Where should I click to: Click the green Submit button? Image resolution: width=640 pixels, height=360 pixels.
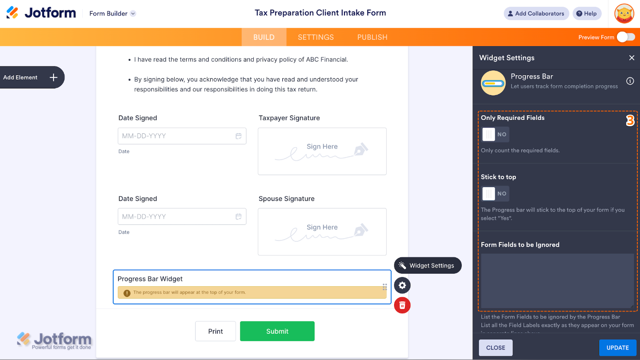[x=277, y=331]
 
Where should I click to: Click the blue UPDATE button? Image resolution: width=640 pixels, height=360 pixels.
[x=617, y=348]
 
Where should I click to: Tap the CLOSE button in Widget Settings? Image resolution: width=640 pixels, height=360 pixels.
[x=496, y=348]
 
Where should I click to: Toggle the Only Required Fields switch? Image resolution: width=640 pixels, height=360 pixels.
[x=495, y=134]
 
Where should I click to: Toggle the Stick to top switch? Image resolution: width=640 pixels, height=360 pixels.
[x=495, y=193]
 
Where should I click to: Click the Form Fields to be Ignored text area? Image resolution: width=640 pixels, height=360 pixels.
[x=557, y=280]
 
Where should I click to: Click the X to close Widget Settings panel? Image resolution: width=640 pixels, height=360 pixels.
[x=632, y=58]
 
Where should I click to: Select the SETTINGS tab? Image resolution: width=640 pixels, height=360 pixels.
[x=316, y=37]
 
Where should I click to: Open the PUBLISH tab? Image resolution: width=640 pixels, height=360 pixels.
[x=372, y=37]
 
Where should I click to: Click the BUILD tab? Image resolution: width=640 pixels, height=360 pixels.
[x=264, y=37]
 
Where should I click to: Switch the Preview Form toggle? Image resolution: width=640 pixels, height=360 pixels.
[x=626, y=37]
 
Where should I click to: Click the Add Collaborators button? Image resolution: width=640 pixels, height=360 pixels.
[x=536, y=14]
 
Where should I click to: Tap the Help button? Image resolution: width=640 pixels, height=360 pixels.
[x=587, y=14]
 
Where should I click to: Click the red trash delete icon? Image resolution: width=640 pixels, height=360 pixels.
[x=402, y=305]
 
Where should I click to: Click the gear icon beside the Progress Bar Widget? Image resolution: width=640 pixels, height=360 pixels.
[x=402, y=285]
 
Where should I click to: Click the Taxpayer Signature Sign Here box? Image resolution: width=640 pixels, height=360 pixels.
[x=322, y=151]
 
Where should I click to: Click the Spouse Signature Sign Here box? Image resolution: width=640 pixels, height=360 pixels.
[x=322, y=232]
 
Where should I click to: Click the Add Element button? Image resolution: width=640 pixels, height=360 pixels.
[x=31, y=77]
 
